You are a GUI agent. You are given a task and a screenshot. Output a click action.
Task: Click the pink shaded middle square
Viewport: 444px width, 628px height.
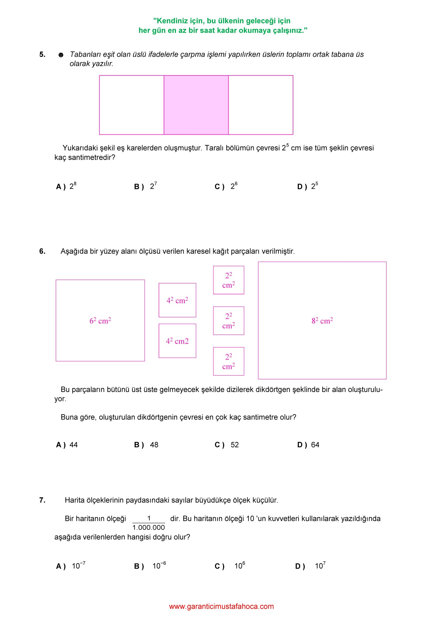point(196,105)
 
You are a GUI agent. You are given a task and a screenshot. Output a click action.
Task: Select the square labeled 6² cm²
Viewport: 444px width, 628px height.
point(100,320)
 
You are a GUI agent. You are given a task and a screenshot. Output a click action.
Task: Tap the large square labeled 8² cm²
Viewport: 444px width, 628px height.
point(322,320)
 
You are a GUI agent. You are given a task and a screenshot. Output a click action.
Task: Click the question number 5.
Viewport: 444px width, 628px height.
point(42,54)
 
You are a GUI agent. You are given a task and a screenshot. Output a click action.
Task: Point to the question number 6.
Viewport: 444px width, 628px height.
point(42,251)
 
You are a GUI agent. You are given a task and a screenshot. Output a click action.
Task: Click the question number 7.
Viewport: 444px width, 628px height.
point(42,500)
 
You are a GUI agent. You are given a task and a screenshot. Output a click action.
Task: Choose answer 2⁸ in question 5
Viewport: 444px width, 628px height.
point(73,186)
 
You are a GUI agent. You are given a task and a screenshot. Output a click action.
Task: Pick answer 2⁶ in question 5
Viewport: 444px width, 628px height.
point(234,186)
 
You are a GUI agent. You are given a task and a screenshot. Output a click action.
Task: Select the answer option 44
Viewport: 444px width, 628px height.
point(74,445)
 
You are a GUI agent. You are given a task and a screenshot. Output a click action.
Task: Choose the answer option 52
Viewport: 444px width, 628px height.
point(234,445)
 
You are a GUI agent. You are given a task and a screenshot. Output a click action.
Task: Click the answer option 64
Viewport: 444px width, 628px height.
point(315,445)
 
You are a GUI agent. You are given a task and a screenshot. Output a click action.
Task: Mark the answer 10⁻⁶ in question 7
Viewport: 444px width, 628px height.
point(159,566)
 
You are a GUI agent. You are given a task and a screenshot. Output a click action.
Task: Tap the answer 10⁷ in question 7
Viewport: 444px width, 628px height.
point(320,566)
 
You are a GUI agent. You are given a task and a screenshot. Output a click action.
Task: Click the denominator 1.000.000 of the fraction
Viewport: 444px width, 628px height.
point(148,527)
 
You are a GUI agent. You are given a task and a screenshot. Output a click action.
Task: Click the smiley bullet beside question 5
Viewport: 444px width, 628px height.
point(61,55)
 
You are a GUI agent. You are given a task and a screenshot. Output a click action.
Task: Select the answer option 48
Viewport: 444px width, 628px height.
point(154,445)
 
